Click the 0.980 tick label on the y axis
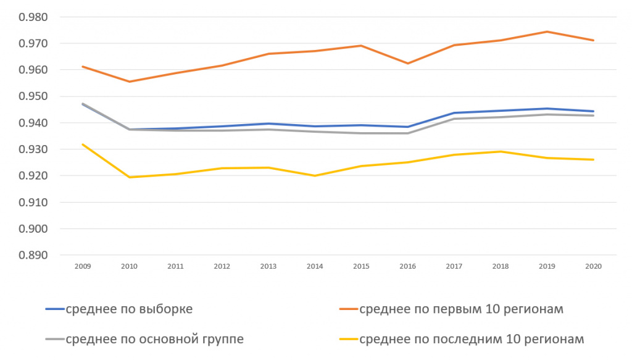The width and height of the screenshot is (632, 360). (x=35, y=17)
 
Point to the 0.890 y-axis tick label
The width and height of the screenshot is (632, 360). (x=35, y=255)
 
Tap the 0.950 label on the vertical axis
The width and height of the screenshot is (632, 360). (x=35, y=96)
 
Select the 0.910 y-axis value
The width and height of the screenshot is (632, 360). (x=35, y=202)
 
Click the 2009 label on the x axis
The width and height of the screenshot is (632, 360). (x=83, y=266)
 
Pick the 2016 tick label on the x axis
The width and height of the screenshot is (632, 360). (x=408, y=266)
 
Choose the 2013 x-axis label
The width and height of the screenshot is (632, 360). (x=268, y=266)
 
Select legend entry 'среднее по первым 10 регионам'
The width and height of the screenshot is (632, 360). (x=460, y=309)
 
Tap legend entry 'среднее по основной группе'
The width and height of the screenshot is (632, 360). (x=154, y=338)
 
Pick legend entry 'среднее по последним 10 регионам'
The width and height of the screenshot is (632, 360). (x=471, y=338)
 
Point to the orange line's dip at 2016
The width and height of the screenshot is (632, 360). (x=408, y=63)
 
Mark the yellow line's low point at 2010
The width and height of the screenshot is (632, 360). (x=129, y=177)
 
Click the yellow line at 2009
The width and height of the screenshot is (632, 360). (x=83, y=144)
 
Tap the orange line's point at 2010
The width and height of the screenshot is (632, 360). (x=129, y=82)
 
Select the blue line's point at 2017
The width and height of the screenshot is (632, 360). (x=454, y=113)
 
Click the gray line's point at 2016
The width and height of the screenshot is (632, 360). (x=408, y=133)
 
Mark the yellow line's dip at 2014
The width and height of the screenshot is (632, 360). (x=315, y=175)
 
